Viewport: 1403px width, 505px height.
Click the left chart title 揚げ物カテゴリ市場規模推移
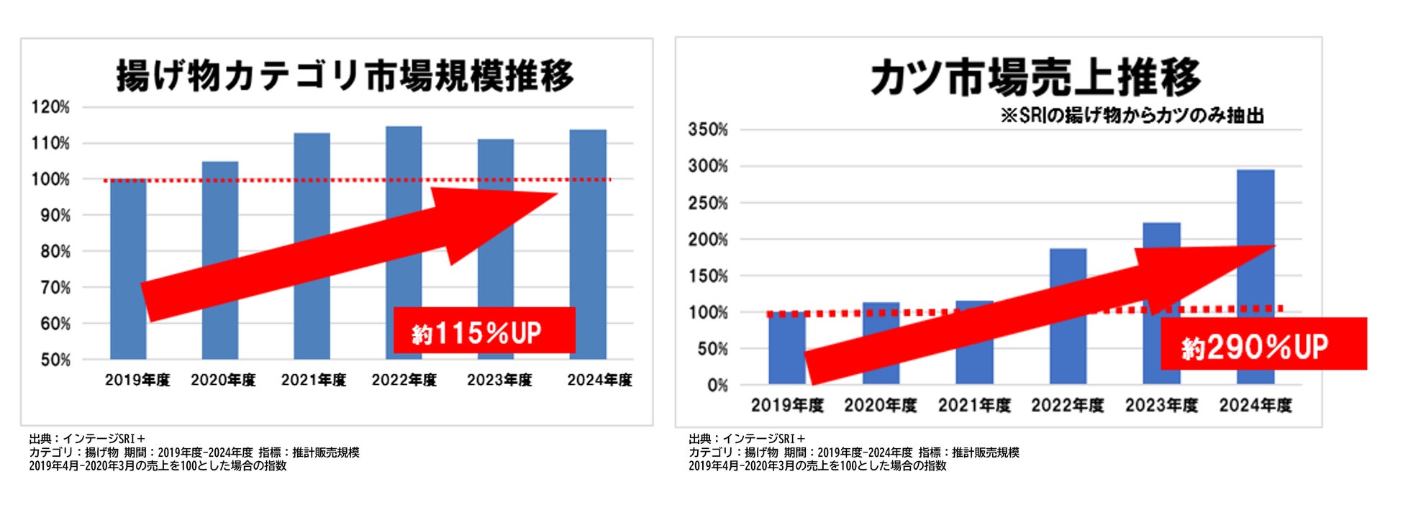click(x=345, y=76)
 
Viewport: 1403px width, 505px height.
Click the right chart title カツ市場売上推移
click(x=1035, y=78)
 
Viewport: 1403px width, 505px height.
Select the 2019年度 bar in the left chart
click(x=128, y=230)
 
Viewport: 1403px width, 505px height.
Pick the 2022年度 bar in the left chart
click(x=404, y=165)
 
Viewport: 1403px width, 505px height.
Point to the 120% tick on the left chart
click(x=50, y=107)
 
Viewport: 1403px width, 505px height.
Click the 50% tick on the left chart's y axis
click(x=55, y=360)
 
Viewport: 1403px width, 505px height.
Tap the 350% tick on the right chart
click(x=708, y=130)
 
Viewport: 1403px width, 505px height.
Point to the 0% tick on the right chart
click(x=717, y=386)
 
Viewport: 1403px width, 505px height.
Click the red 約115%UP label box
click(x=483, y=331)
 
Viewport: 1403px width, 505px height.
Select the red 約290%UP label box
click(x=1263, y=345)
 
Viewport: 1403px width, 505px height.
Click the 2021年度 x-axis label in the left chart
click(x=313, y=380)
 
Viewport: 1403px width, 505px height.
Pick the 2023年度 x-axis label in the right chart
click(x=1161, y=406)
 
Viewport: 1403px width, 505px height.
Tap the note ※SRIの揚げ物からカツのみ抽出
click(x=1132, y=115)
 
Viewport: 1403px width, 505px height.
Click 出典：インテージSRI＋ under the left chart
click(x=87, y=439)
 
